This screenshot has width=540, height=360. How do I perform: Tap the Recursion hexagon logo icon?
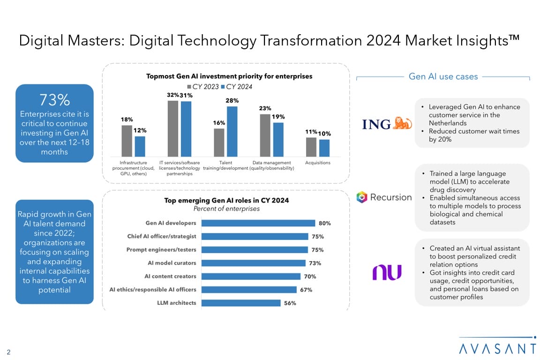coord(361,197)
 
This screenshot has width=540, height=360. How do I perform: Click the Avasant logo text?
coord(497,348)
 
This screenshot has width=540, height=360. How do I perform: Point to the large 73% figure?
coord(54,100)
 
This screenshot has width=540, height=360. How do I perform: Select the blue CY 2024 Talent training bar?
coord(232,131)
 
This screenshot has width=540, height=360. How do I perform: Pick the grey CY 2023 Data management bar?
coord(265,135)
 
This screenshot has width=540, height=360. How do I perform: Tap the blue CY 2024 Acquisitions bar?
coord(324,148)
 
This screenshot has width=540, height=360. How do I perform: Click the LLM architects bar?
coord(240,303)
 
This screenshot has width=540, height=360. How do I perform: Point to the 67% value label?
coord(306,290)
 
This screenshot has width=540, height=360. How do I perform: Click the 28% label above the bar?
coord(232,100)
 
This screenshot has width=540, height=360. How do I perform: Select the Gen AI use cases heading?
coord(443,76)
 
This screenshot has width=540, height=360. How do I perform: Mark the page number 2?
coord(8,352)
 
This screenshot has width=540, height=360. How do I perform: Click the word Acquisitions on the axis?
coord(317,163)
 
